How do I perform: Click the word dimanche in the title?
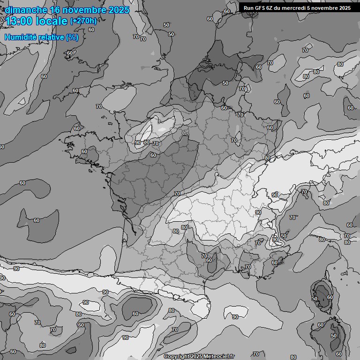coord(26,10)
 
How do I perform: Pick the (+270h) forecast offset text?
coord(83,21)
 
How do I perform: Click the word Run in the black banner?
coord(248,8)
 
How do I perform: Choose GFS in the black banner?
coord(260,8)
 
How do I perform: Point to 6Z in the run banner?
coord(271,8)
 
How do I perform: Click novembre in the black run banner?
coord(327,8)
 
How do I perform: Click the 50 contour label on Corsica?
coord(315,299)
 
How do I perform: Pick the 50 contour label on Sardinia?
coord(334,336)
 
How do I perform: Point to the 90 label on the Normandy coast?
coord(138,142)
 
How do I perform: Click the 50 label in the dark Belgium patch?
coord(225,83)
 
